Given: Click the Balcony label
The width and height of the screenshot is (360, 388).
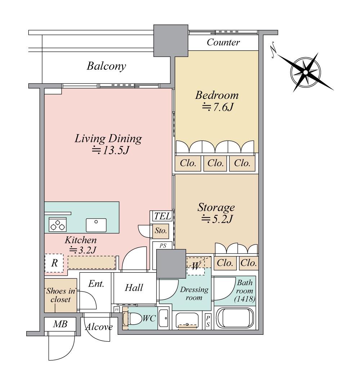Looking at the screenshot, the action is pyautogui.click(x=106, y=66).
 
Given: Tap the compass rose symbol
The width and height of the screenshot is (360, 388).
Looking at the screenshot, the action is pyautogui.click(x=306, y=72).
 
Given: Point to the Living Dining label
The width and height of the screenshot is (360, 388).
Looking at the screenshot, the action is pyautogui.click(x=108, y=138).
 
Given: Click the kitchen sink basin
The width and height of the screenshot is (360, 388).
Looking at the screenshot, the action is pyautogui.click(x=96, y=225).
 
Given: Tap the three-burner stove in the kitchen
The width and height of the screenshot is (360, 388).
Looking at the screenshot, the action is pyautogui.click(x=58, y=225).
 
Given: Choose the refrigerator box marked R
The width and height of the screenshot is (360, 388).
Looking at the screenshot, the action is pyautogui.click(x=54, y=263).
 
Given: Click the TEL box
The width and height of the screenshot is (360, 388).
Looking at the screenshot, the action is pyautogui.click(x=162, y=216).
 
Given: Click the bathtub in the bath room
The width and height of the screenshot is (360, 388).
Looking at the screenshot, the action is pyautogui.click(x=235, y=318).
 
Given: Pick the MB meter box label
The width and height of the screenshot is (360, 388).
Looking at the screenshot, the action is pyautogui.click(x=60, y=324).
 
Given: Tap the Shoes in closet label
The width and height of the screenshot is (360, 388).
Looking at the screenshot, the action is pyautogui.click(x=60, y=295).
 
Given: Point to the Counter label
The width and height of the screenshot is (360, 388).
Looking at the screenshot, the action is pyautogui.click(x=223, y=42).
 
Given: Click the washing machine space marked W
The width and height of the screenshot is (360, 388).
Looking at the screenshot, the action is pyautogui.click(x=196, y=266).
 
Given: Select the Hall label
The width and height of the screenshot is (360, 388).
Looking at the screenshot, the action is pyautogui.click(x=134, y=288).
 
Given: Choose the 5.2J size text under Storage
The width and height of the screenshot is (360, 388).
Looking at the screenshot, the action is pyautogui.click(x=217, y=219).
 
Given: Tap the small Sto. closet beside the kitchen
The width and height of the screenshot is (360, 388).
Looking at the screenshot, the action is pyautogui.click(x=161, y=231).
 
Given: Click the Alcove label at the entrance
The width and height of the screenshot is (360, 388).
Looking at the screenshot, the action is pyautogui.click(x=99, y=327).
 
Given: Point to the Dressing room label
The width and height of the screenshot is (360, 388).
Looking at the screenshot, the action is pyautogui.click(x=194, y=293).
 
